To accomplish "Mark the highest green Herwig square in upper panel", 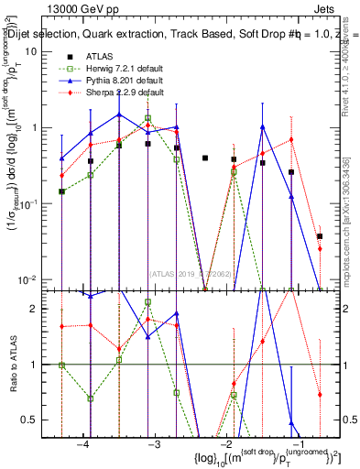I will (x=148, y=118).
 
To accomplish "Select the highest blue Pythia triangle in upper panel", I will (x=119, y=115).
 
